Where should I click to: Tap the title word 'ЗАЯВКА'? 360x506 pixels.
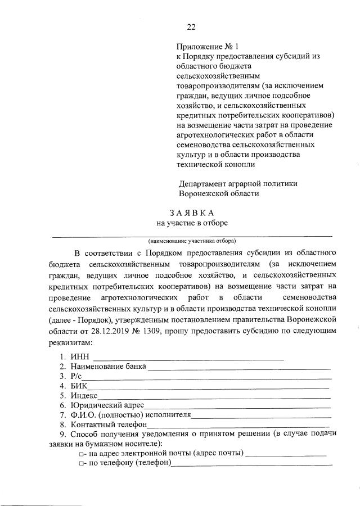(192, 213)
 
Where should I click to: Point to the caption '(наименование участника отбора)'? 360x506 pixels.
(192, 240)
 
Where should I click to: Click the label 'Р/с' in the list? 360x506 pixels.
(77, 377)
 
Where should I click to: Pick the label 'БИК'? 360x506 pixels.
(79, 387)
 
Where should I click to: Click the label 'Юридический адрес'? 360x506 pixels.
(107, 406)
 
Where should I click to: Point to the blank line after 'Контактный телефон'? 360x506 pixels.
(238, 426)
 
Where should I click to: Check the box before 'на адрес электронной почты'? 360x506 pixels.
(82, 454)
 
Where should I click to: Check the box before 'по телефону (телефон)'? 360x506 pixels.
(82, 464)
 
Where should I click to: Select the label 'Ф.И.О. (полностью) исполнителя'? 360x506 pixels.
(131, 415)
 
